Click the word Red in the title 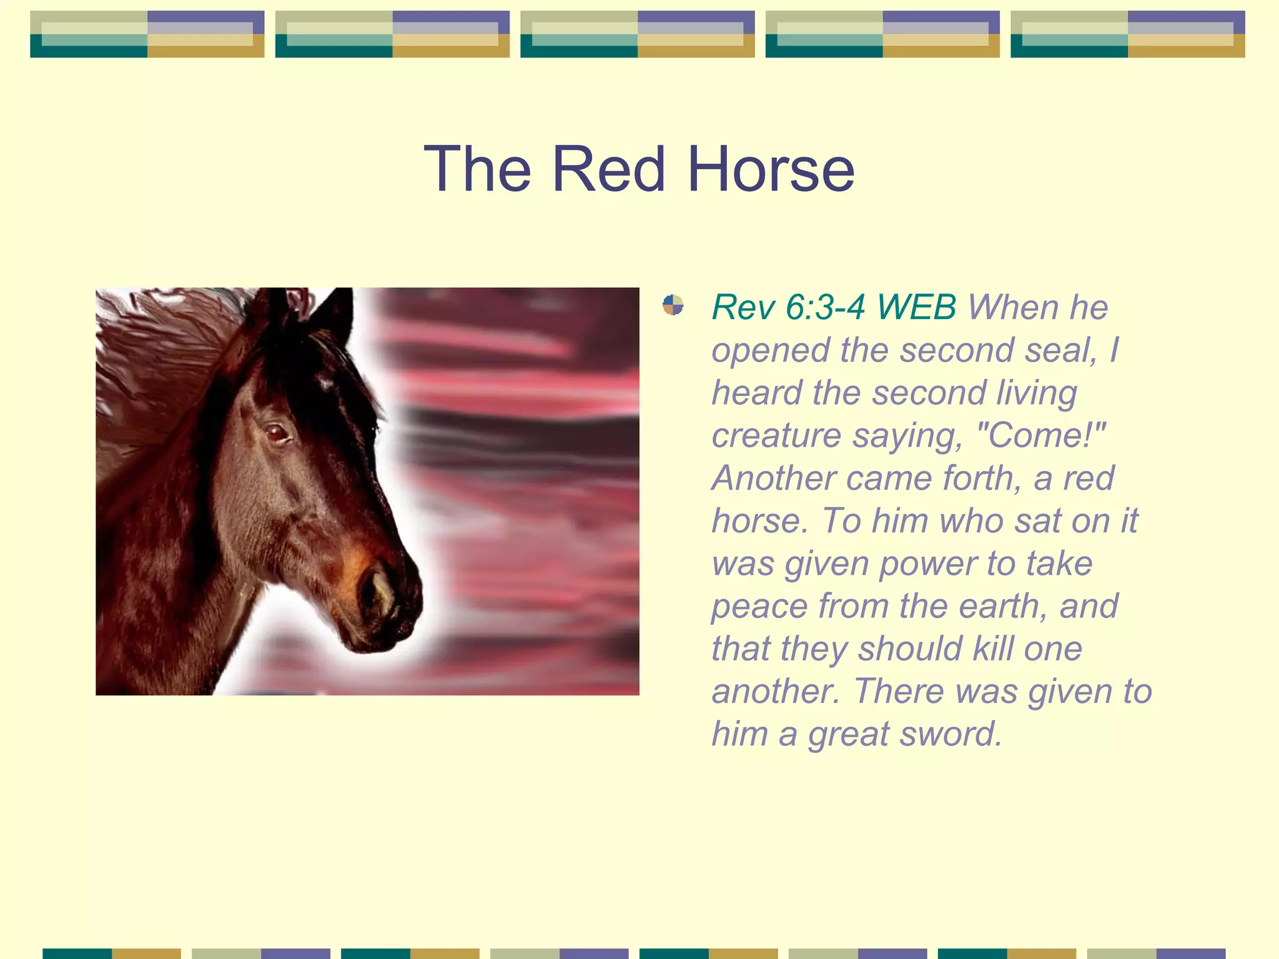(x=608, y=169)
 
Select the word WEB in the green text (x=916, y=307)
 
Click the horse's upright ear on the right (x=335, y=315)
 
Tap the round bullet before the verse (x=673, y=305)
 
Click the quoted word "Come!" (x=1040, y=435)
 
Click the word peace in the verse (x=759, y=606)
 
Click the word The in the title (x=478, y=169)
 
